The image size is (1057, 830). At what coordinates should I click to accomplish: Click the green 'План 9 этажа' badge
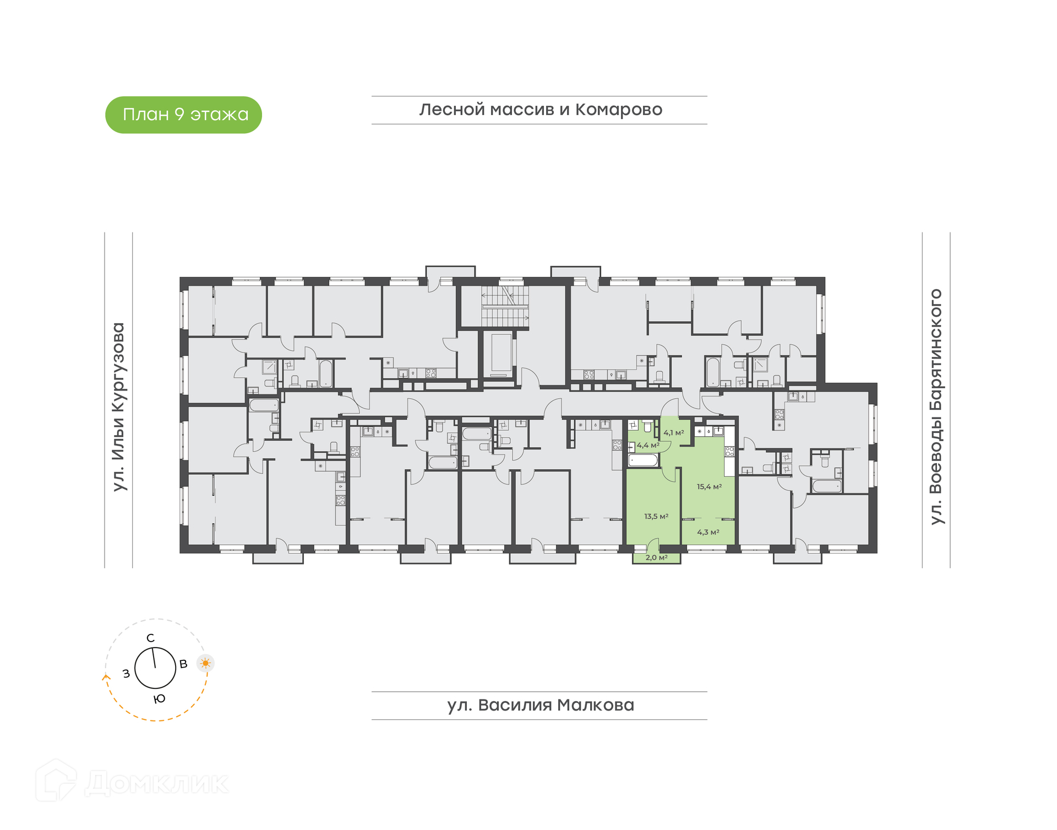183,115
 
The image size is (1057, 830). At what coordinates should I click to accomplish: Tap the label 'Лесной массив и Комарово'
541,110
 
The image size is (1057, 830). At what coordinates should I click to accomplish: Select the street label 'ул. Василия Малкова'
541,705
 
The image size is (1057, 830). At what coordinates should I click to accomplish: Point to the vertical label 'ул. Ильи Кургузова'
118,407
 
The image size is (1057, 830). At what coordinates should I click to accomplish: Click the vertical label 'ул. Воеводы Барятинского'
936,406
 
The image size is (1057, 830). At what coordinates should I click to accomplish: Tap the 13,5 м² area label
656,517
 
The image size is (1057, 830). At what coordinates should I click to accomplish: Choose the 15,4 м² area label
709,487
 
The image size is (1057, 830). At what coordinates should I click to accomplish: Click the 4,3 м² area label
708,533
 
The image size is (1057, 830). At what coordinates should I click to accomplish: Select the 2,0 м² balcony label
656,558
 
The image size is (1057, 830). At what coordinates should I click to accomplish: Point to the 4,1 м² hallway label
673,433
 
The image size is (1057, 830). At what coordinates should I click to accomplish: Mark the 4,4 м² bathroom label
648,446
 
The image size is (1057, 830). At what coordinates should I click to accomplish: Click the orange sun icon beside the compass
205,663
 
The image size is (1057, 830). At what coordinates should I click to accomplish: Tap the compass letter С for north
150,638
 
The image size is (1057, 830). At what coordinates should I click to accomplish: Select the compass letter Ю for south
159,699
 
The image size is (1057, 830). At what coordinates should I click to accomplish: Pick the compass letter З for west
126,673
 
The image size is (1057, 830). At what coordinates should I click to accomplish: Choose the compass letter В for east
183,664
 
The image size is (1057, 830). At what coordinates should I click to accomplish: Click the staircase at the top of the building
505,306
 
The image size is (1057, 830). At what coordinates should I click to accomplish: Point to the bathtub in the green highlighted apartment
643,460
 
